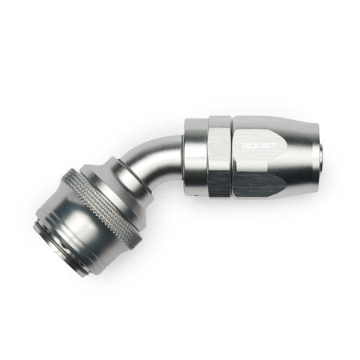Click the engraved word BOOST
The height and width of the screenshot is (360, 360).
click(259, 146)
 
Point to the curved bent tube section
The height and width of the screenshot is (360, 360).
click(150, 162)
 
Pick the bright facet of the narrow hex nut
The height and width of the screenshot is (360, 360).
click(218, 150)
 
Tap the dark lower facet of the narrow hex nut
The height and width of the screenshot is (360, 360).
click(219, 184)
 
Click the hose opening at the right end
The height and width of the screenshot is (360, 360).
click(322, 158)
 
